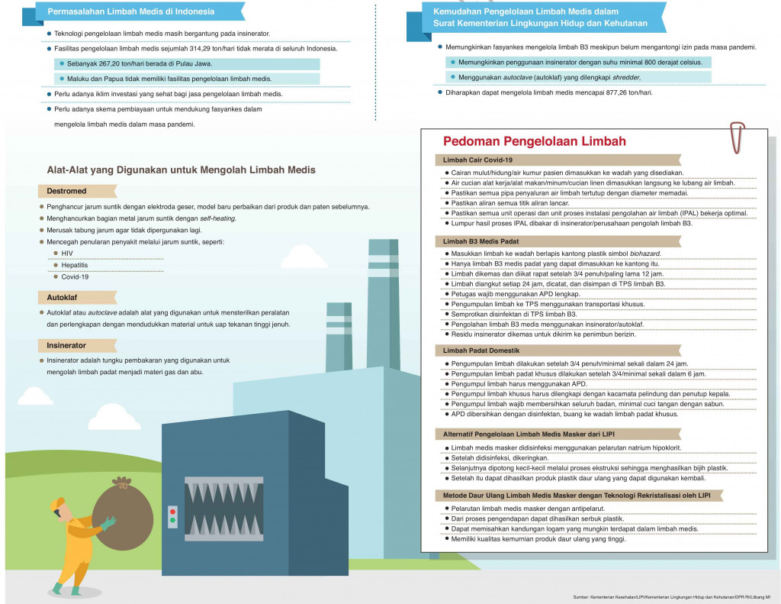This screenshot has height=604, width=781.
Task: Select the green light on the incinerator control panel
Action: pos(172,522)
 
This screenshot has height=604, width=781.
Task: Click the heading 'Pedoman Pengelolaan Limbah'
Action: pos(535,141)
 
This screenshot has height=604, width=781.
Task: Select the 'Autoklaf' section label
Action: pos(63,296)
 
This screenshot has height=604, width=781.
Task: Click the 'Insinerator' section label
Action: pos(66,345)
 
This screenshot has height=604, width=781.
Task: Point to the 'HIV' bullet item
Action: pos(68,253)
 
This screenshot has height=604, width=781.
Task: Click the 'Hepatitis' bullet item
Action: pos(75,264)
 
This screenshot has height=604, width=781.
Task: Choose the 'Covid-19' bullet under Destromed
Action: pos(76,276)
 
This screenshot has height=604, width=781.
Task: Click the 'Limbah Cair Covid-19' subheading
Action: pos(477,160)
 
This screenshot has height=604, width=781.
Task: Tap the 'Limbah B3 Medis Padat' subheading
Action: pos(480,241)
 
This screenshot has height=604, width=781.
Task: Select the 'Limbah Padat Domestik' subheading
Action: pos(480,350)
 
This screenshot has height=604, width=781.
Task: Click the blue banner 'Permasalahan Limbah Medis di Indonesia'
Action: pos(130,12)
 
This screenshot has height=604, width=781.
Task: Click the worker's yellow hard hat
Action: pos(57,503)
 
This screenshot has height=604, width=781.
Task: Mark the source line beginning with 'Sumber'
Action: pos(672,596)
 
